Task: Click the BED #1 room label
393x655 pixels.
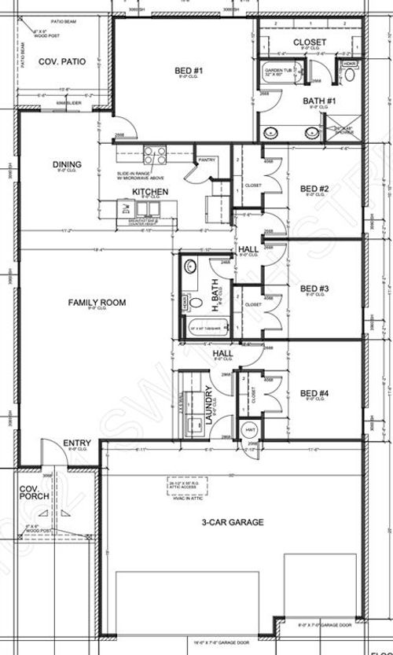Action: tap(189, 72)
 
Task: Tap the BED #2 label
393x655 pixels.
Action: tap(314, 189)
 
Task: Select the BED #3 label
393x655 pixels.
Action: tap(314, 289)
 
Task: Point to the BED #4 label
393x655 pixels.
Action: tap(314, 393)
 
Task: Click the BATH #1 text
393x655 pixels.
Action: tap(320, 101)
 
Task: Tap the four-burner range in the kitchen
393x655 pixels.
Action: tap(154, 155)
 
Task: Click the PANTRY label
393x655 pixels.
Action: tap(207, 160)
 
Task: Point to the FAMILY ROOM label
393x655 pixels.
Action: tap(97, 302)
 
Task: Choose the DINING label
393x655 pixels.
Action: tap(67, 164)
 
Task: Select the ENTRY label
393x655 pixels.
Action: tap(77, 443)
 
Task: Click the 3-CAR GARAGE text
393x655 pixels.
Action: tap(232, 522)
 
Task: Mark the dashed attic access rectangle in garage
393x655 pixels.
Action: tap(189, 484)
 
